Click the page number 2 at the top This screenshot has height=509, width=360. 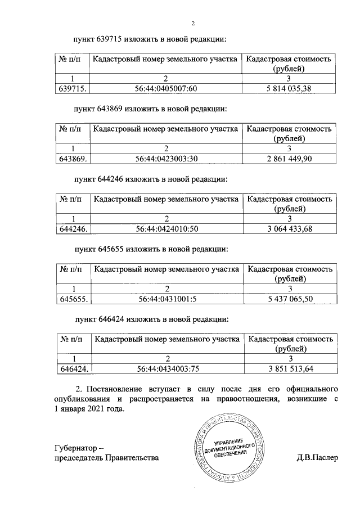tap(192, 23)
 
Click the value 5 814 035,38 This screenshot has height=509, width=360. tap(288, 88)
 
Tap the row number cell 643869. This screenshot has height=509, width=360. tap(73, 159)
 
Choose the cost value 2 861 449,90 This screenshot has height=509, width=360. tap(288, 159)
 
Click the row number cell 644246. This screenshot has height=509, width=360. tap(73, 229)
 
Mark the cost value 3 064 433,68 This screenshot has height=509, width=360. tap(289, 229)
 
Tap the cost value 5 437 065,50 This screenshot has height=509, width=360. tap(289, 299)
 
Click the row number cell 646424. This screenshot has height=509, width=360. tap(74, 370)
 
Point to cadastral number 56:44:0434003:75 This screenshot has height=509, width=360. tap(167, 370)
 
